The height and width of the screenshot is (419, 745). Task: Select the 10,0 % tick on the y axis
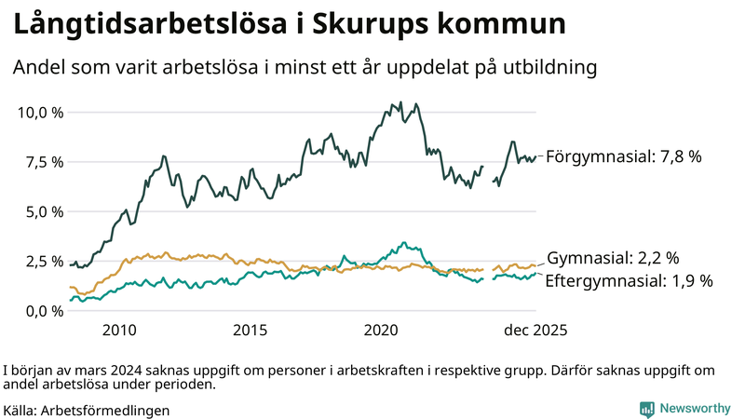41,113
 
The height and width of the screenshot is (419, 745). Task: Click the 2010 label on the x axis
119,331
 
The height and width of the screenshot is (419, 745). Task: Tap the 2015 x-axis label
251,331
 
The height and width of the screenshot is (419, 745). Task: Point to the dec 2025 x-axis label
536,331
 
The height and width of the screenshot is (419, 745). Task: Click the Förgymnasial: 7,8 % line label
622,156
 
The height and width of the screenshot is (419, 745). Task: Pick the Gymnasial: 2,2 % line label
613,258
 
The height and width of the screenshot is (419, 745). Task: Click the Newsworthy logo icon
646,408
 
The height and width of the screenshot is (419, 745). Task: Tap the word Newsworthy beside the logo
695,408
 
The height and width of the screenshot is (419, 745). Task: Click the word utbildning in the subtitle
548,68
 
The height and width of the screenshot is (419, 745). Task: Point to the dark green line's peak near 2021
400,102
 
